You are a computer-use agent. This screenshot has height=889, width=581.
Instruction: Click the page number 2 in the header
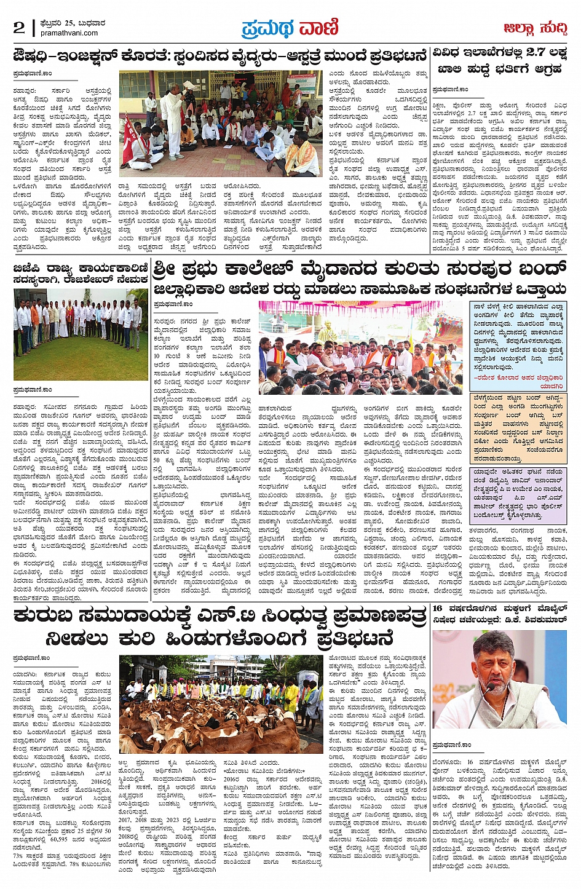(x=19, y=27)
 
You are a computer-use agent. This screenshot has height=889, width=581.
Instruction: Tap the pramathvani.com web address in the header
(x=69, y=33)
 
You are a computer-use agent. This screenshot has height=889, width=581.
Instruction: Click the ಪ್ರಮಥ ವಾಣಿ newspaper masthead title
(x=290, y=28)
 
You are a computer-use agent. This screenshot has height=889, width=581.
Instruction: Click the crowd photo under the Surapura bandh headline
(x=360, y=347)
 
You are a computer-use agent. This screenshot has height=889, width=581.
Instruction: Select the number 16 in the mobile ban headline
(x=439, y=608)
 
